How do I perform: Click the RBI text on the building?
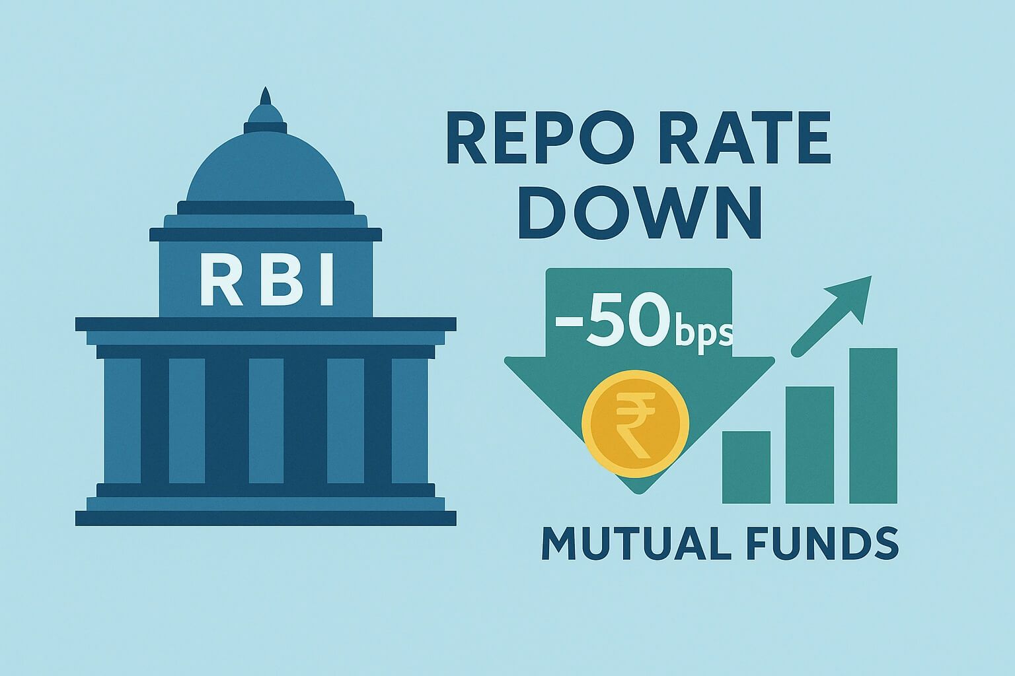[x=266, y=282]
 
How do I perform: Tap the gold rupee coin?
[x=635, y=422]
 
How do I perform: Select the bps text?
[x=702, y=332]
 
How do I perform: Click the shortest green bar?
[x=746, y=467]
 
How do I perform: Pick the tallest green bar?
[x=873, y=425]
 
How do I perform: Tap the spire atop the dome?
[x=266, y=98]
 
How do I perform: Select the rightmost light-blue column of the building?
[x=409, y=421]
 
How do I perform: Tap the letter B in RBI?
[x=266, y=282]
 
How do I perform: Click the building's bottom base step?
[x=266, y=518]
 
